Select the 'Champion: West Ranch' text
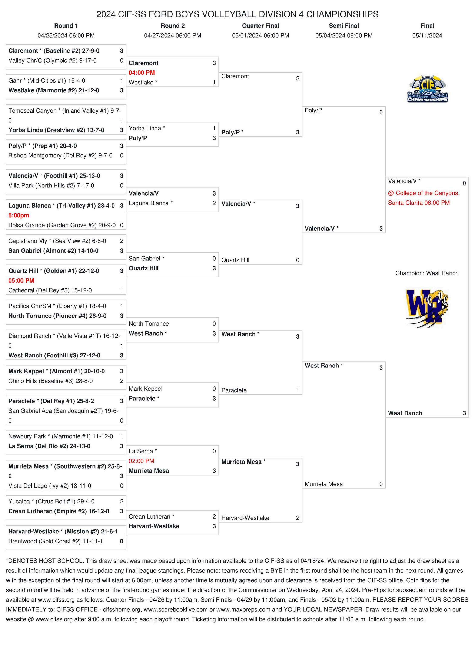427,273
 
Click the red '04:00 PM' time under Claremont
142,73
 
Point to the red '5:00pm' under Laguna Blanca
19,215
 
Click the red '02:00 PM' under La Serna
141,461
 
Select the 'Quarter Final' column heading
260,26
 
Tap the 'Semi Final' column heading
344,26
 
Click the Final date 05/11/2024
427,36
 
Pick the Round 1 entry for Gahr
47,80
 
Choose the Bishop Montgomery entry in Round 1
60,155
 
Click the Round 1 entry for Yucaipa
51,501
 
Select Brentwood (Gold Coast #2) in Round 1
56,541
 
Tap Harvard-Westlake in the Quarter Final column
245,518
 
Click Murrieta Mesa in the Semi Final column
323,484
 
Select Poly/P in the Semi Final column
313,110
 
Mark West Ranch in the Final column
405,413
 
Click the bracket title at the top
237,14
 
